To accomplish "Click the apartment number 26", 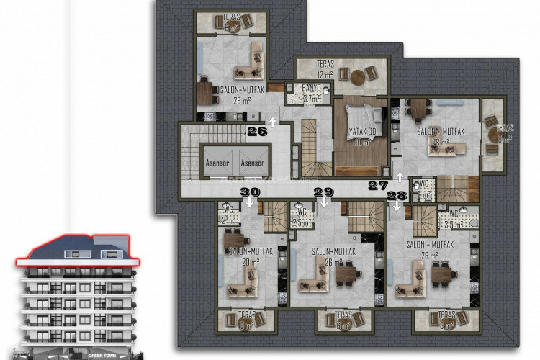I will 257,131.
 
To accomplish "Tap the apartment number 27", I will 377,186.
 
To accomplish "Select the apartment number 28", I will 396,195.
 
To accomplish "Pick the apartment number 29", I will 323,192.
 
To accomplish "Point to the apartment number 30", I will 249,192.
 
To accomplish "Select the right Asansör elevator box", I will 252,162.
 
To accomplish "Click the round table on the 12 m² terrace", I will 354,75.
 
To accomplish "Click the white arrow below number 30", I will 249,202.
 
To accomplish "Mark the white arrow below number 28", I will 396,206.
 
